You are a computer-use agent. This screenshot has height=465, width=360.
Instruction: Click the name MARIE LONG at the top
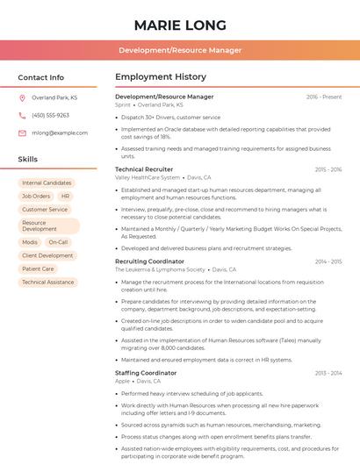180,25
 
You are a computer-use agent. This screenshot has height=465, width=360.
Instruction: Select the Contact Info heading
41,77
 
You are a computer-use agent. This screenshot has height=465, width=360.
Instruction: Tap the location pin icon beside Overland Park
22,97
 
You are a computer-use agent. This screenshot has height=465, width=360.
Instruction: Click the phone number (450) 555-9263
50,115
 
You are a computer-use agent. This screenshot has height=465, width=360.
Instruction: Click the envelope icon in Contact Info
22,132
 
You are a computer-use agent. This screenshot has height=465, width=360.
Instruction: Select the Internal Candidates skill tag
47,183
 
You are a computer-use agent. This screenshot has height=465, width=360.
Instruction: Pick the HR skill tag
66,197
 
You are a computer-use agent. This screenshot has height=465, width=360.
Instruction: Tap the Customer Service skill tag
45,210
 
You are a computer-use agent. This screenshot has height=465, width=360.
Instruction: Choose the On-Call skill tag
58,242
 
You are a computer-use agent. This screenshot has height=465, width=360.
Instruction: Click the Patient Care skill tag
38,269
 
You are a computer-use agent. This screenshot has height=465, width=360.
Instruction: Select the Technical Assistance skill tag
48,283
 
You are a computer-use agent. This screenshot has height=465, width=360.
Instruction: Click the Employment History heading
161,77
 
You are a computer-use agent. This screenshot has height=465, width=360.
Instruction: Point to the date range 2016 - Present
324,97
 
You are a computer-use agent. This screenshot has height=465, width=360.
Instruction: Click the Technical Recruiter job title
144,169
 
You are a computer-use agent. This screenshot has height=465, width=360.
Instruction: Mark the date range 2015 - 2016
328,169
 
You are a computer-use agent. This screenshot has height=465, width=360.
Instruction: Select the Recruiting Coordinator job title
149,261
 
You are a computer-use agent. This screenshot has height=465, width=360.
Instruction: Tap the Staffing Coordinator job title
146,373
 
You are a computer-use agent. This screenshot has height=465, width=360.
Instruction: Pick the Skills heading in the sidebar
28,159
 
